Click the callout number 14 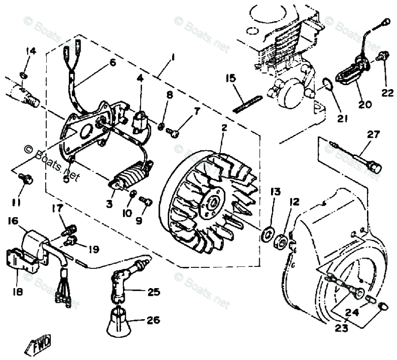(31, 51)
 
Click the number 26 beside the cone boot (154, 320)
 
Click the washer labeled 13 (268, 233)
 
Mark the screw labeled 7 (173, 131)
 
